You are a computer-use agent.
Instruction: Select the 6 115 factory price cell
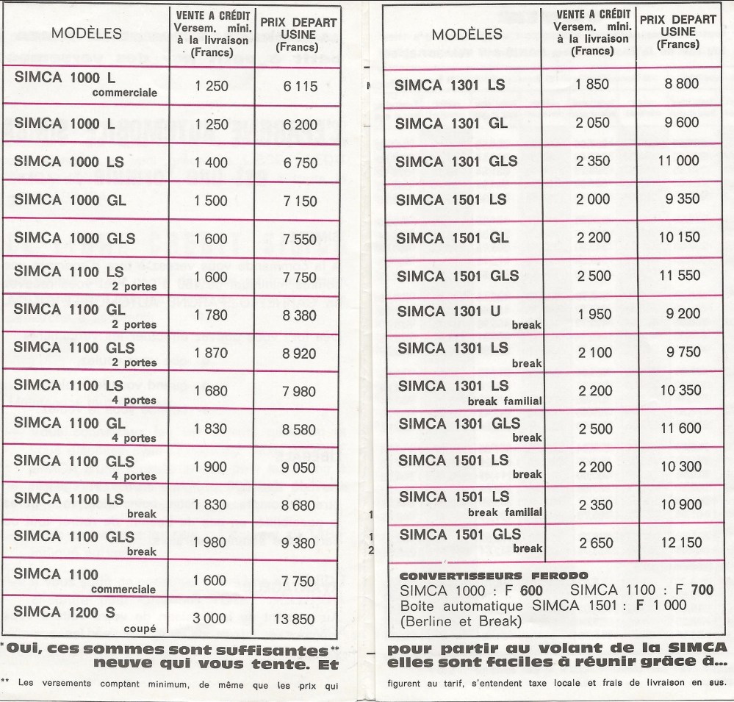tap(300, 86)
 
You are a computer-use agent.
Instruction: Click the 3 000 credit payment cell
tap(209, 619)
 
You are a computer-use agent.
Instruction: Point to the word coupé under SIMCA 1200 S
tap(141, 627)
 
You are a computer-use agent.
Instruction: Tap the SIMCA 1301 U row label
tap(449, 311)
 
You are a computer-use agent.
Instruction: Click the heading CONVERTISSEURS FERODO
tap(486, 575)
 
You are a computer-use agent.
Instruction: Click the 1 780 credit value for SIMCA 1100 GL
tap(212, 315)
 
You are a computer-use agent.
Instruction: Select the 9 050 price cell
tap(300, 468)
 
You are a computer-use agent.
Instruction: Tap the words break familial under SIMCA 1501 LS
tap(505, 511)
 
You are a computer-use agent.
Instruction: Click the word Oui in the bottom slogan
tap(26, 651)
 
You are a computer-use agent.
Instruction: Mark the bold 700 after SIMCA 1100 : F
tap(703, 590)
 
